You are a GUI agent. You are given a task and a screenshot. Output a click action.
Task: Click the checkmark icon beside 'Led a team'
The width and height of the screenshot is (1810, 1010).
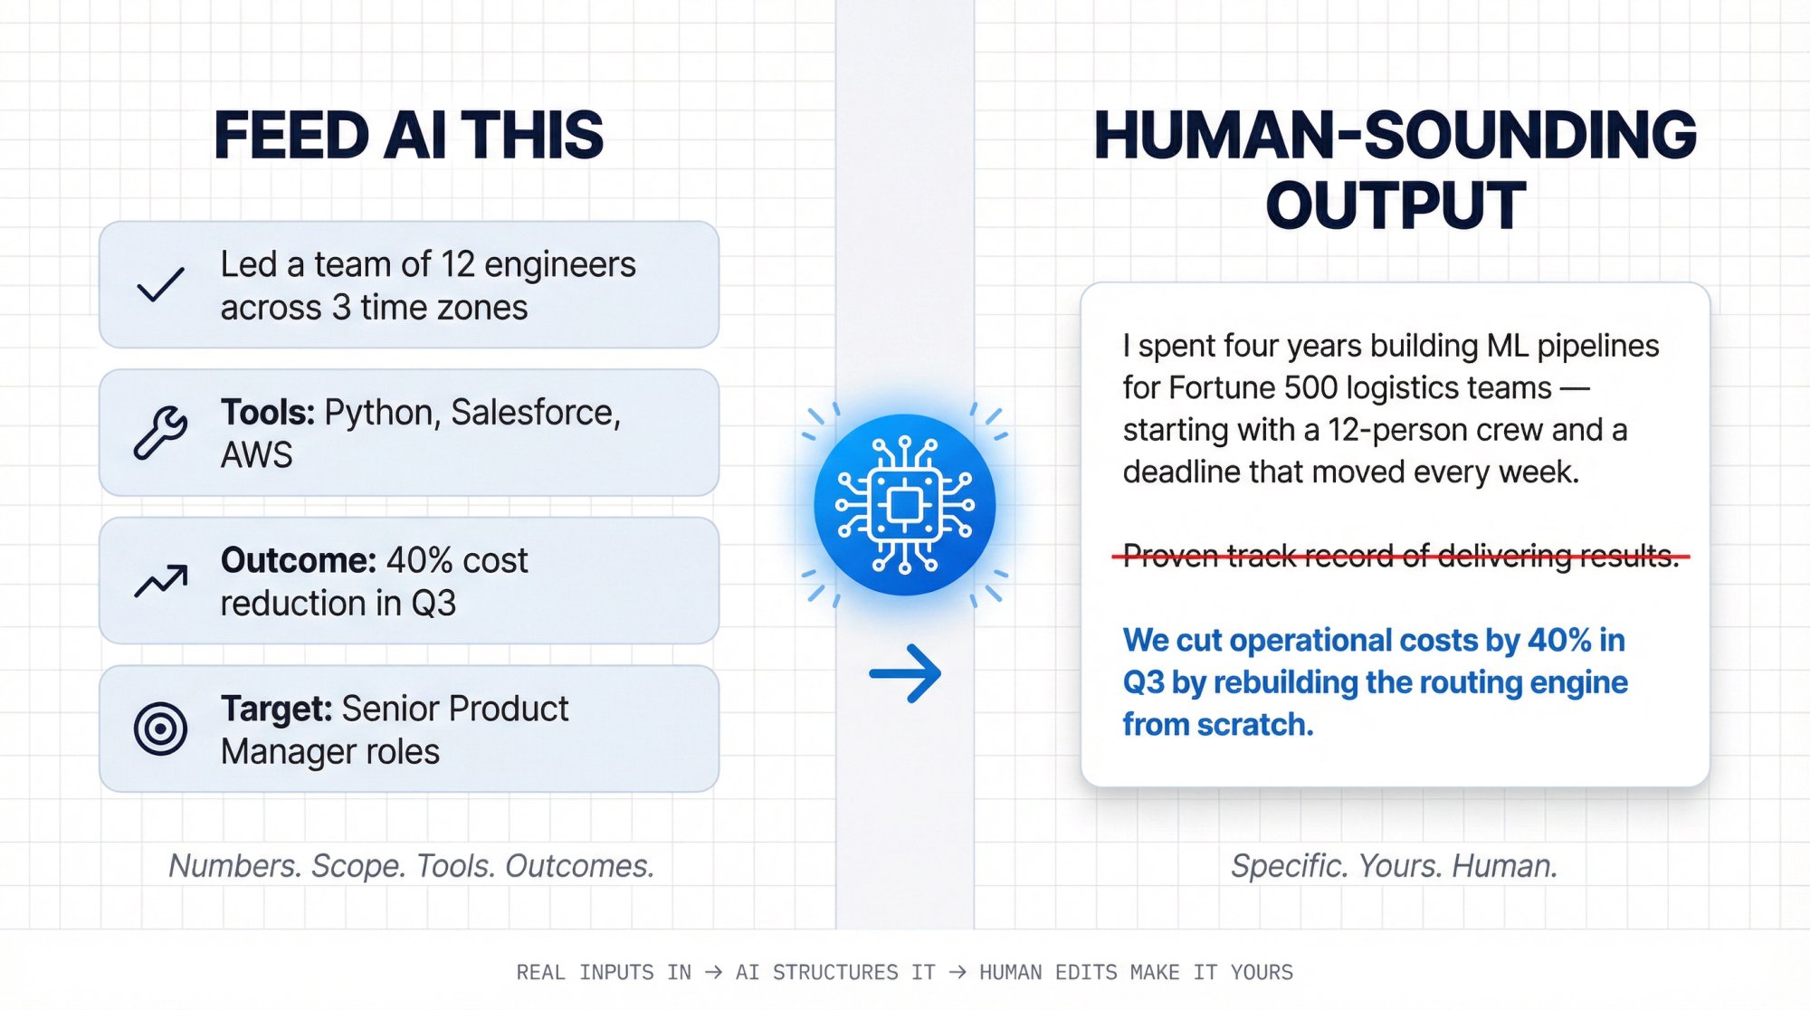click(x=160, y=284)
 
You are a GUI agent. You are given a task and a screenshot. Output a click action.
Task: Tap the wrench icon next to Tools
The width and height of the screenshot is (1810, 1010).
click(x=160, y=433)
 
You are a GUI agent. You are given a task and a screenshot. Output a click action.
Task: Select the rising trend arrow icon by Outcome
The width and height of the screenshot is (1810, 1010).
click(x=161, y=581)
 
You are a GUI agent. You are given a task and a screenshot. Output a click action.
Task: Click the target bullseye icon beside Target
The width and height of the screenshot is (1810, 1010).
click(x=160, y=729)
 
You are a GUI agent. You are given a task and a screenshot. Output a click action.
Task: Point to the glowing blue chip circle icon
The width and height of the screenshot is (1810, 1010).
click(x=904, y=504)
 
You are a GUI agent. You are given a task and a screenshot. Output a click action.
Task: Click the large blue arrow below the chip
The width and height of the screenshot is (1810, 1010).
click(x=905, y=673)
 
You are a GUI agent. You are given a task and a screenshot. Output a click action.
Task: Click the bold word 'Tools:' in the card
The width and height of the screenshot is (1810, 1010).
click(x=267, y=413)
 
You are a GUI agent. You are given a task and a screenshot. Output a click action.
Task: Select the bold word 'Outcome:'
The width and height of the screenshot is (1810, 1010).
click(x=298, y=560)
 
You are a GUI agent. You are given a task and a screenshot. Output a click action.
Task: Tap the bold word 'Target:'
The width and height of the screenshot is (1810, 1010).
click(x=277, y=709)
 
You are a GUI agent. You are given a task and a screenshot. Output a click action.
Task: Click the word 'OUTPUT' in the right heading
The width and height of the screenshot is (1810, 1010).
click(x=1395, y=206)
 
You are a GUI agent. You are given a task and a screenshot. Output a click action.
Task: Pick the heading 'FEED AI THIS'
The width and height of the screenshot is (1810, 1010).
click(x=408, y=136)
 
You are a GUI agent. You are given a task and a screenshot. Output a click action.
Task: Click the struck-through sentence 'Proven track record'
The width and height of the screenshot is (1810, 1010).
click(x=1400, y=556)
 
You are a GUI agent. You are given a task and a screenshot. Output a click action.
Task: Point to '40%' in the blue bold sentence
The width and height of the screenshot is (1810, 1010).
click(x=1559, y=640)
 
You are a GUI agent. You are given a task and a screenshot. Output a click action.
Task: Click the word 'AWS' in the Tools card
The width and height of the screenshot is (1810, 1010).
click(x=256, y=455)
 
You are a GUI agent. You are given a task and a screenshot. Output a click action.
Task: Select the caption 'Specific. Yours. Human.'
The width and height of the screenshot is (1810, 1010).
click(x=1394, y=866)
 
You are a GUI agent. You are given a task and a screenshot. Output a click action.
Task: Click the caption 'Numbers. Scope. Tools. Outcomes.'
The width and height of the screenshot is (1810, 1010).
click(x=411, y=866)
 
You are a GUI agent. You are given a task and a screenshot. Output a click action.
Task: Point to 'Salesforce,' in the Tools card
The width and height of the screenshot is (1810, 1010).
click(x=536, y=413)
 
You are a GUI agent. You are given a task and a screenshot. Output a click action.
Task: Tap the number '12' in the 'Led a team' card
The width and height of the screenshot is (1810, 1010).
click(x=458, y=264)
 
